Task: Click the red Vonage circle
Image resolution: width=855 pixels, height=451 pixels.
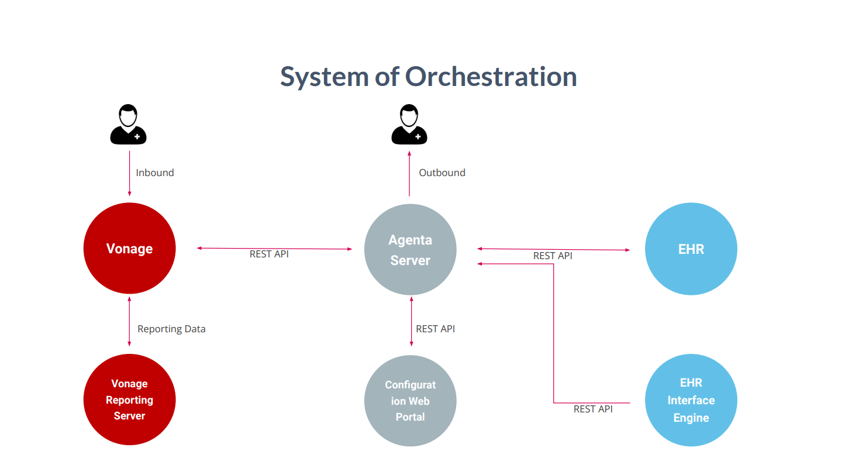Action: click(x=129, y=249)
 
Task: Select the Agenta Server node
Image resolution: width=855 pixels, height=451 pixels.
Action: click(x=410, y=250)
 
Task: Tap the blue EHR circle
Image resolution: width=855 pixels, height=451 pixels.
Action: click(x=691, y=249)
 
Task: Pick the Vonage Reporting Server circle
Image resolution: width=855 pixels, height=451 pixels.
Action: click(x=129, y=400)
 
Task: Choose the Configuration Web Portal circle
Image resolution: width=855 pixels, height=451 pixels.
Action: click(x=410, y=401)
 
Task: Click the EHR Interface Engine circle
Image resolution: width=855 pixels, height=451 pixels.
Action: click(x=691, y=400)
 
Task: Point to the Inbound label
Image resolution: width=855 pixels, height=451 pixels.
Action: click(x=155, y=173)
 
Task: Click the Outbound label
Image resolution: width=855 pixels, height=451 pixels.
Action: click(x=442, y=173)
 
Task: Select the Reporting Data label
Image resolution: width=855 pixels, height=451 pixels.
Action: click(x=171, y=329)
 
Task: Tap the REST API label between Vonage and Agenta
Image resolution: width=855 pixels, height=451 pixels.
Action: click(x=269, y=254)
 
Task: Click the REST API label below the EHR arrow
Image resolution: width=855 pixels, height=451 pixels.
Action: click(x=553, y=256)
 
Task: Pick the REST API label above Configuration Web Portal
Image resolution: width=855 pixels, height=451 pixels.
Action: click(x=435, y=329)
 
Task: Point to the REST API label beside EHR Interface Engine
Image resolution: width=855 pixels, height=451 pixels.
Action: click(x=593, y=409)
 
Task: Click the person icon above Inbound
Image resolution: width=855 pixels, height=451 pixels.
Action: click(x=128, y=125)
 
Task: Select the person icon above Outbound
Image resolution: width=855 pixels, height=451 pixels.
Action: click(x=409, y=125)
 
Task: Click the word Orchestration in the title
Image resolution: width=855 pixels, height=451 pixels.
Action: click(x=491, y=77)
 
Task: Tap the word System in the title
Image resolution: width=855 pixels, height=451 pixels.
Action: click(x=324, y=77)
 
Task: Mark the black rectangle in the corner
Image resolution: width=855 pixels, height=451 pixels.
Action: click(x=764, y=27)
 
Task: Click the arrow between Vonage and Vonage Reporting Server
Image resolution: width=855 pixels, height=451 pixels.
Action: click(x=129, y=321)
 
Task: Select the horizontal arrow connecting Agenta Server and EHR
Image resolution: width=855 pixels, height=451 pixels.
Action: click(x=553, y=249)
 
